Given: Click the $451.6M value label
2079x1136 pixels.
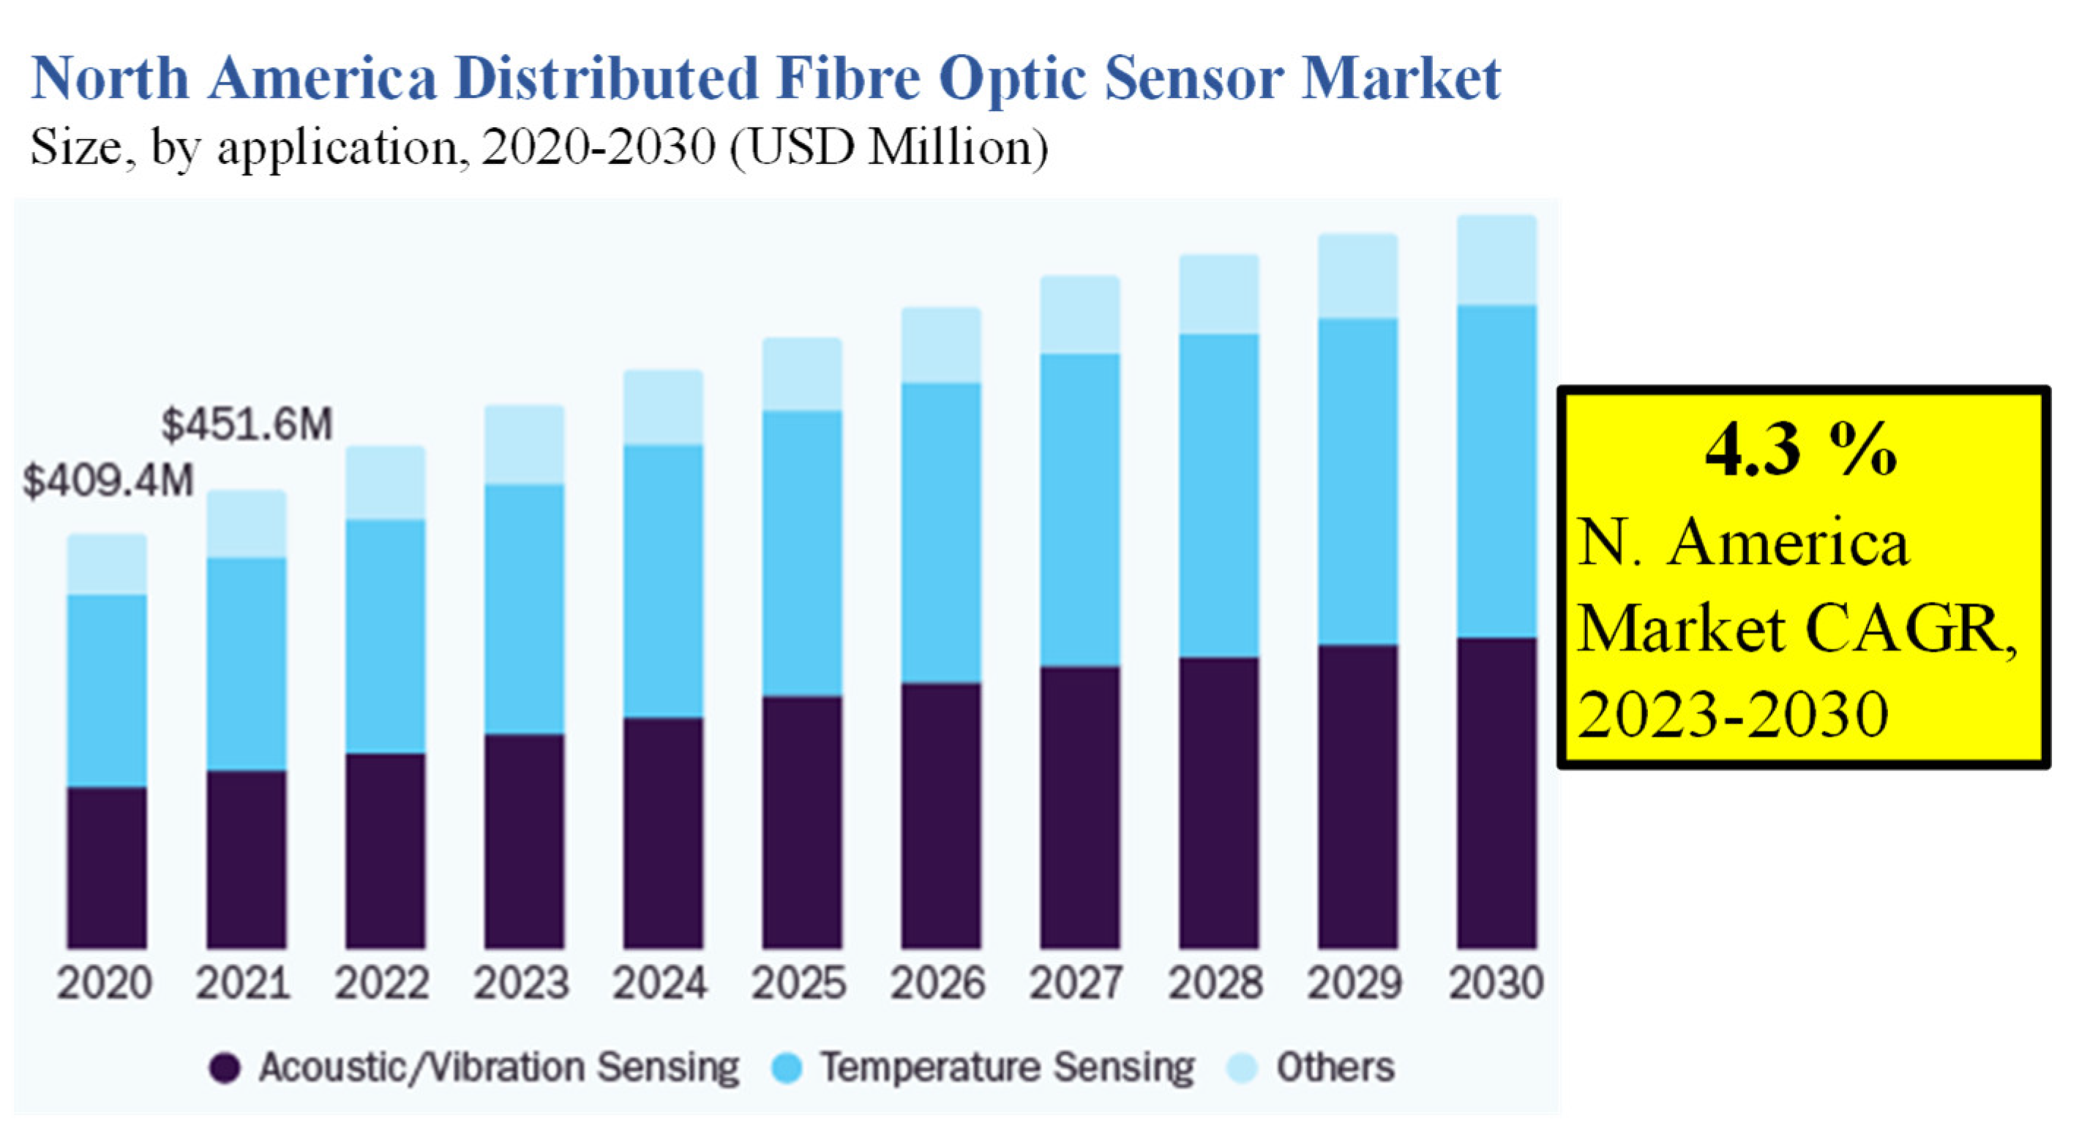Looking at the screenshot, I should pyautogui.click(x=247, y=424).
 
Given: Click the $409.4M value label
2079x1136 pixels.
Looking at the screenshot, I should pyautogui.click(x=108, y=481).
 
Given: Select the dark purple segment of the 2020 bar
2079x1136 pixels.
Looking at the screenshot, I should pyautogui.click(x=107, y=868).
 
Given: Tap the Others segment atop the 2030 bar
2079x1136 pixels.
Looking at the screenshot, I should pyautogui.click(x=1496, y=260).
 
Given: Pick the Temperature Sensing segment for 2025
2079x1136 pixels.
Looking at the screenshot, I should pyautogui.click(x=802, y=554).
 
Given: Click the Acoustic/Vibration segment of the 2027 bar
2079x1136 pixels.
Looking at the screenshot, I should pyautogui.click(x=1080, y=807).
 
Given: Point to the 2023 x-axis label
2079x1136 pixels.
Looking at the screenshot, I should pyautogui.click(x=521, y=982).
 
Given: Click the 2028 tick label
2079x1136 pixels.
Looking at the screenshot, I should pyautogui.click(x=1215, y=982).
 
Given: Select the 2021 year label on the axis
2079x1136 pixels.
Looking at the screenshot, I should pyautogui.click(x=243, y=982).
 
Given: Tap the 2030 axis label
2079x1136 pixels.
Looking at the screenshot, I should pyautogui.click(x=1496, y=982).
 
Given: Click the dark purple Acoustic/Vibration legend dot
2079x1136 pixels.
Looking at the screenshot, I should pyautogui.click(x=225, y=1068).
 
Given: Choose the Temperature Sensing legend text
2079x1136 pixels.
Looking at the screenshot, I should pyautogui.click(x=1007, y=1067).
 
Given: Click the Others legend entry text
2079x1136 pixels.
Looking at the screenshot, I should pyautogui.click(x=1335, y=1067).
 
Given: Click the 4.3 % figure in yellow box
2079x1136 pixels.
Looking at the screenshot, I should pyautogui.click(x=1802, y=450).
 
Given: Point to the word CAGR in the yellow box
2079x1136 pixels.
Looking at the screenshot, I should pyautogui.click(x=1911, y=629).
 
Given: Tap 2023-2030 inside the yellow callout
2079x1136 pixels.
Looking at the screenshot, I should pyautogui.click(x=1732, y=715).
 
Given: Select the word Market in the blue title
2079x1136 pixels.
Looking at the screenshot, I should pyautogui.click(x=1401, y=78).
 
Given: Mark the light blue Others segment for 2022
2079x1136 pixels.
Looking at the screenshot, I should pyautogui.click(x=385, y=483).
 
